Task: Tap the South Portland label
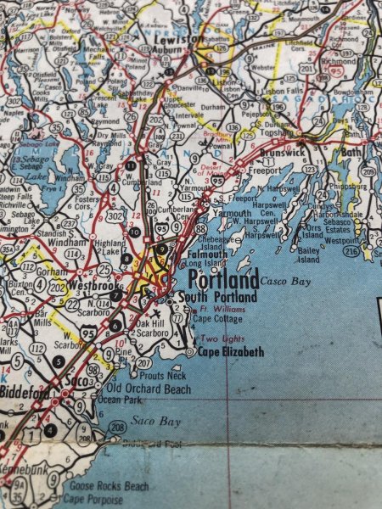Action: [216, 298]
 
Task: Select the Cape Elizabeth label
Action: [231, 352]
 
